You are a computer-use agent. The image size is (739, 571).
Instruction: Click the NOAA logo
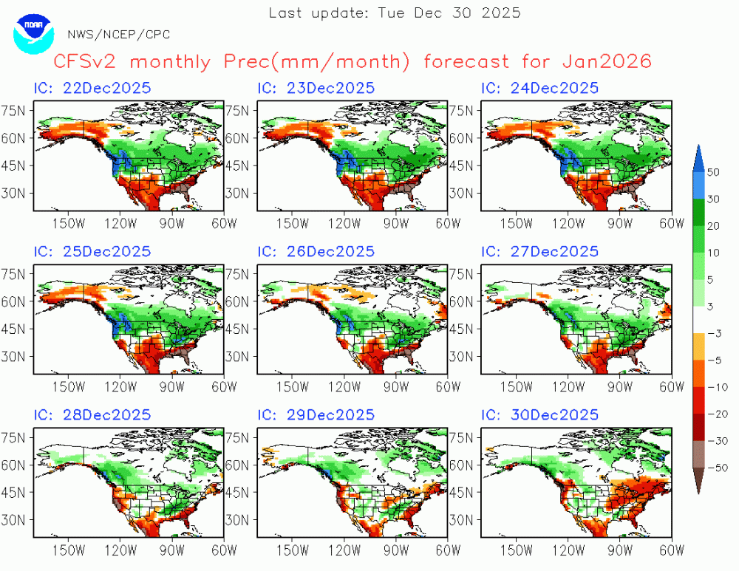click(33, 34)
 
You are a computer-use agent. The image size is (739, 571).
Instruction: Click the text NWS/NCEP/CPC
click(119, 35)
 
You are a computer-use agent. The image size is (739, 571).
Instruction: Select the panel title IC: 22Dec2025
click(92, 88)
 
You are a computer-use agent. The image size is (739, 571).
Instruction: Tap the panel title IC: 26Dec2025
click(316, 251)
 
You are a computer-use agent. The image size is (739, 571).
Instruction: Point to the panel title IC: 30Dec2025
click(539, 414)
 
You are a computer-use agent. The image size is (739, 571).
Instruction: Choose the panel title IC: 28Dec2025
click(92, 414)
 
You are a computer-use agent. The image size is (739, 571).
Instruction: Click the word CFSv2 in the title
click(85, 61)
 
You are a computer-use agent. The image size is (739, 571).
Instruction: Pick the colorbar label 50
click(714, 172)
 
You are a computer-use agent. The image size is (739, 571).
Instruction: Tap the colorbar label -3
click(715, 334)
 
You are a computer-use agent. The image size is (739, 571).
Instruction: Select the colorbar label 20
click(714, 226)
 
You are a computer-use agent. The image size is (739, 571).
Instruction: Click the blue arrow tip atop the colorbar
click(698, 146)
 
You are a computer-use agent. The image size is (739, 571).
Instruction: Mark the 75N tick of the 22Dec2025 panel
click(13, 111)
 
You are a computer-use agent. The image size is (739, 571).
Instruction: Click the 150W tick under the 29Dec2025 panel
click(293, 550)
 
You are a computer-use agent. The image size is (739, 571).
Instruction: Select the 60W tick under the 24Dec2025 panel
click(671, 223)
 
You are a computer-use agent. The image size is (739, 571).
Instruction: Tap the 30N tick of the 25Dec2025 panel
click(13, 356)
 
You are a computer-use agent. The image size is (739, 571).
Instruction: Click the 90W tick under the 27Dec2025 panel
click(619, 386)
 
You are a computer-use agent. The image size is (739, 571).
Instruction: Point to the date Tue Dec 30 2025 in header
click(449, 13)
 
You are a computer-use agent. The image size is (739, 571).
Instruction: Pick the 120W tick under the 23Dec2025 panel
click(344, 223)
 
